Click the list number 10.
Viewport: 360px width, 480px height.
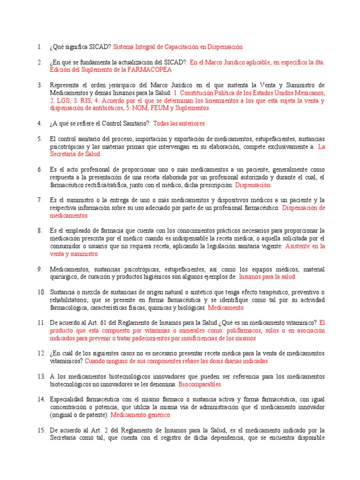[x=40, y=292]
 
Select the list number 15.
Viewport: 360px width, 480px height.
[x=40, y=430]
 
